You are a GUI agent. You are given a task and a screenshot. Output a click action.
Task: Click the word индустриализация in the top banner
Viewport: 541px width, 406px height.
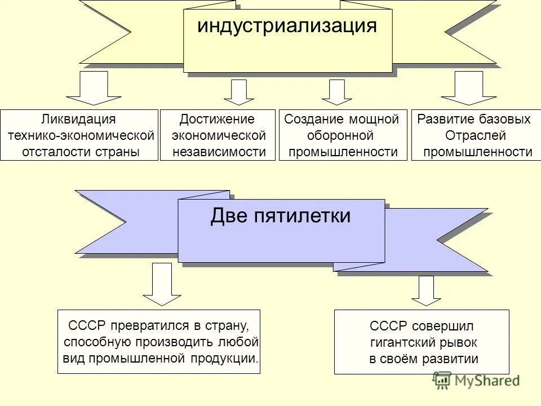(287, 27)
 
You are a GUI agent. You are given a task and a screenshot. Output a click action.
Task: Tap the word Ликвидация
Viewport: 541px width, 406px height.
(79, 119)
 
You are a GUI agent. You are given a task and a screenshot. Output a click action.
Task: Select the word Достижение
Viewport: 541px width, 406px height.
(217, 119)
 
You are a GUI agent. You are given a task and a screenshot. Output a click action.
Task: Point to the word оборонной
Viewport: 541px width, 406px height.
(340, 135)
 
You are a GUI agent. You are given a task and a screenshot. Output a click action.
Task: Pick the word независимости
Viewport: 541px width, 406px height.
(219, 152)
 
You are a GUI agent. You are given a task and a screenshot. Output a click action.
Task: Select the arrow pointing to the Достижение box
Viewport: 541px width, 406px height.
(242, 92)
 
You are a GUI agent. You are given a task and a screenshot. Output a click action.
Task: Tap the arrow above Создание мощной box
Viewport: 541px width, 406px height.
(337, 92)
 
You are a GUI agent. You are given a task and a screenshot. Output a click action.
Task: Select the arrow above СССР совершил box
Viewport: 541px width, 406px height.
(426, 290)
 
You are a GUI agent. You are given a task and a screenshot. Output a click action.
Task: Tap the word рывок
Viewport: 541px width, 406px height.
(459, 342)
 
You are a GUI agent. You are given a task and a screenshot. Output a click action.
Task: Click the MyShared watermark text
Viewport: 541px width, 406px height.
(486, 381)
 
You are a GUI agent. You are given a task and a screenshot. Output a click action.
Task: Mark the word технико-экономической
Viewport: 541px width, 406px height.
(81, 135)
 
